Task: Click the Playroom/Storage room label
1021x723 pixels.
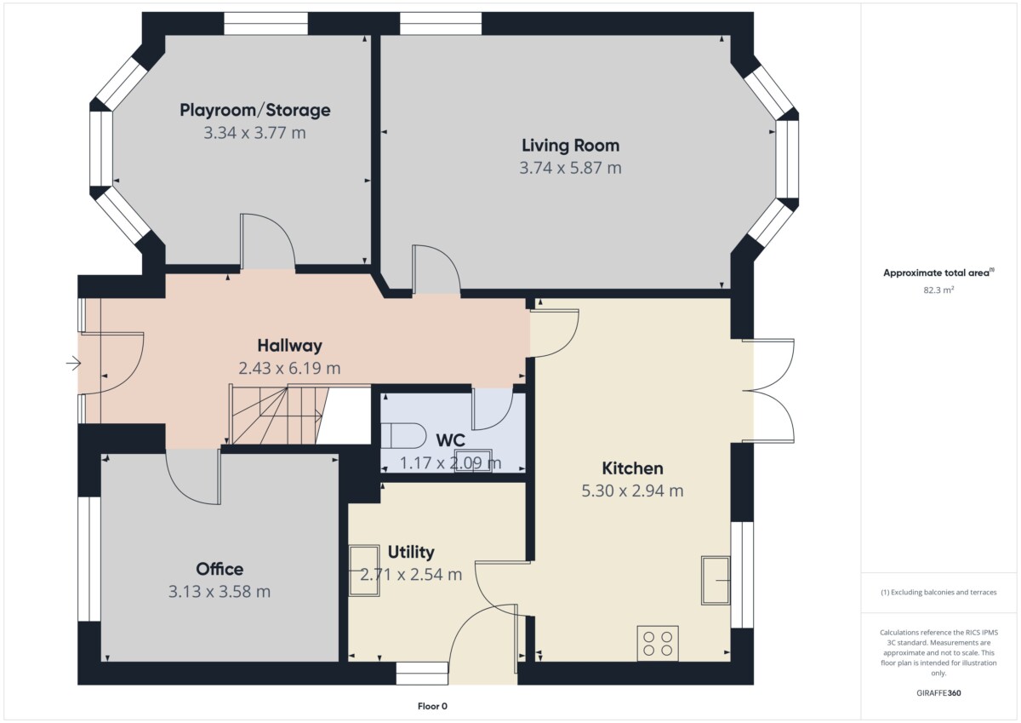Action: (254, 111)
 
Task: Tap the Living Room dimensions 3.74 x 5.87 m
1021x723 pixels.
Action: (570, 168)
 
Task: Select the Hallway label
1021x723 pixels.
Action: (289, 346)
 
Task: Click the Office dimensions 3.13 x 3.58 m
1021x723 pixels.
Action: (220, 592)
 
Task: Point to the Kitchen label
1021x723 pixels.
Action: (632, 468)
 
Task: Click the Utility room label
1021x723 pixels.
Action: (411, 553)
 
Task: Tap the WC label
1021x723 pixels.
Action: (450, 440)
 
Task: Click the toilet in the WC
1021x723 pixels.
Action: (403, 436)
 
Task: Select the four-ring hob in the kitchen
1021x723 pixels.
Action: (657, 643)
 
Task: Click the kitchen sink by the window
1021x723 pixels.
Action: (716, 580)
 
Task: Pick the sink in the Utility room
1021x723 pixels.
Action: (364, 571)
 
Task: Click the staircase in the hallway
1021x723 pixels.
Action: (279, 415)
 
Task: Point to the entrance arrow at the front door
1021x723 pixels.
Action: (73, 364)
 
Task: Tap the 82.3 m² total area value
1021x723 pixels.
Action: (938, 290)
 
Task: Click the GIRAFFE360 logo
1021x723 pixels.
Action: (938, 693)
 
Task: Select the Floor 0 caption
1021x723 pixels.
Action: (432, 706)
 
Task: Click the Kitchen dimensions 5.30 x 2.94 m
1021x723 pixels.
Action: (632, 491)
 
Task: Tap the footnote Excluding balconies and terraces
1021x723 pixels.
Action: (938, 592)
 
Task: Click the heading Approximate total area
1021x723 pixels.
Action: (938, 273)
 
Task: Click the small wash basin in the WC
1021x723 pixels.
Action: (473, 461)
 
